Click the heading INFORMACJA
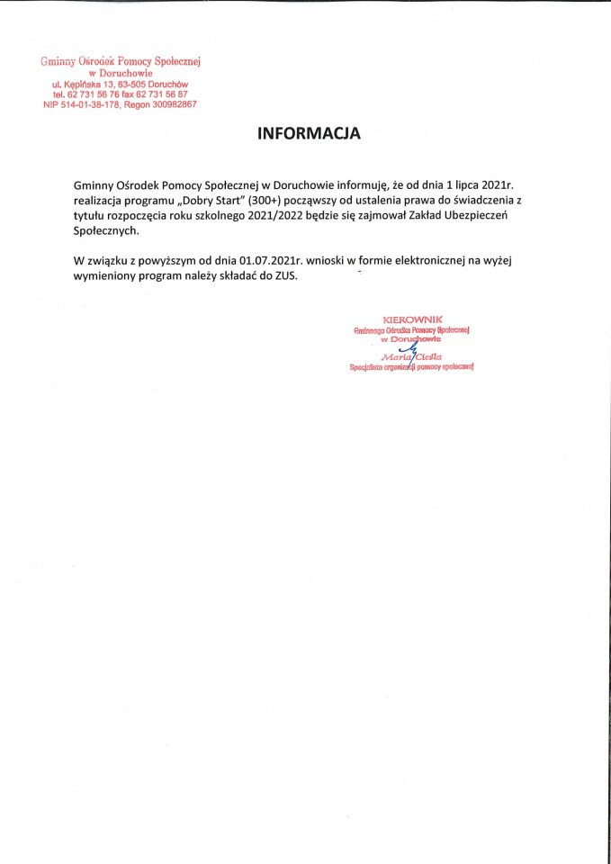(309, 134)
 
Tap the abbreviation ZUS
(283, 276)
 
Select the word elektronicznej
(423, 260)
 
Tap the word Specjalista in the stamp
(371, 367)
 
